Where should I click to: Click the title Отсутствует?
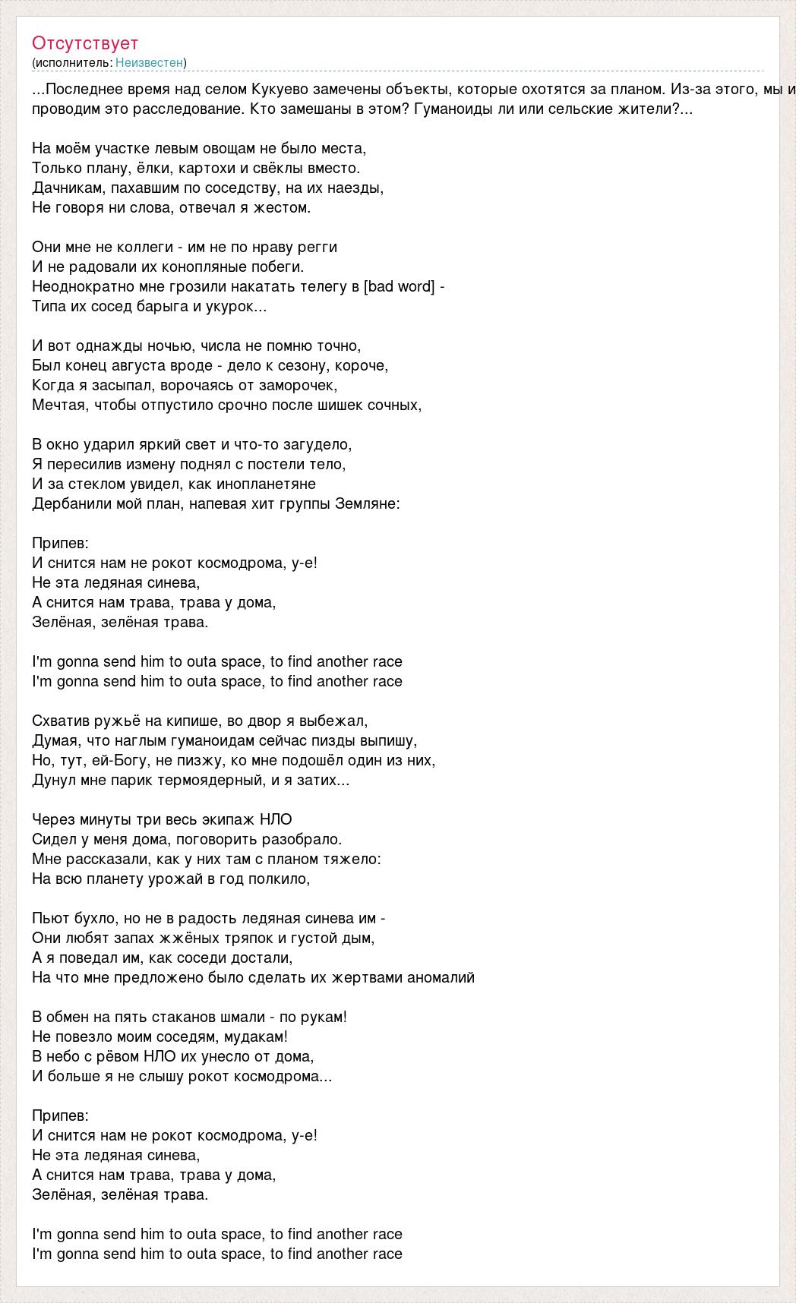point(85,43)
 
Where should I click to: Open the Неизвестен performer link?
point(150,62)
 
